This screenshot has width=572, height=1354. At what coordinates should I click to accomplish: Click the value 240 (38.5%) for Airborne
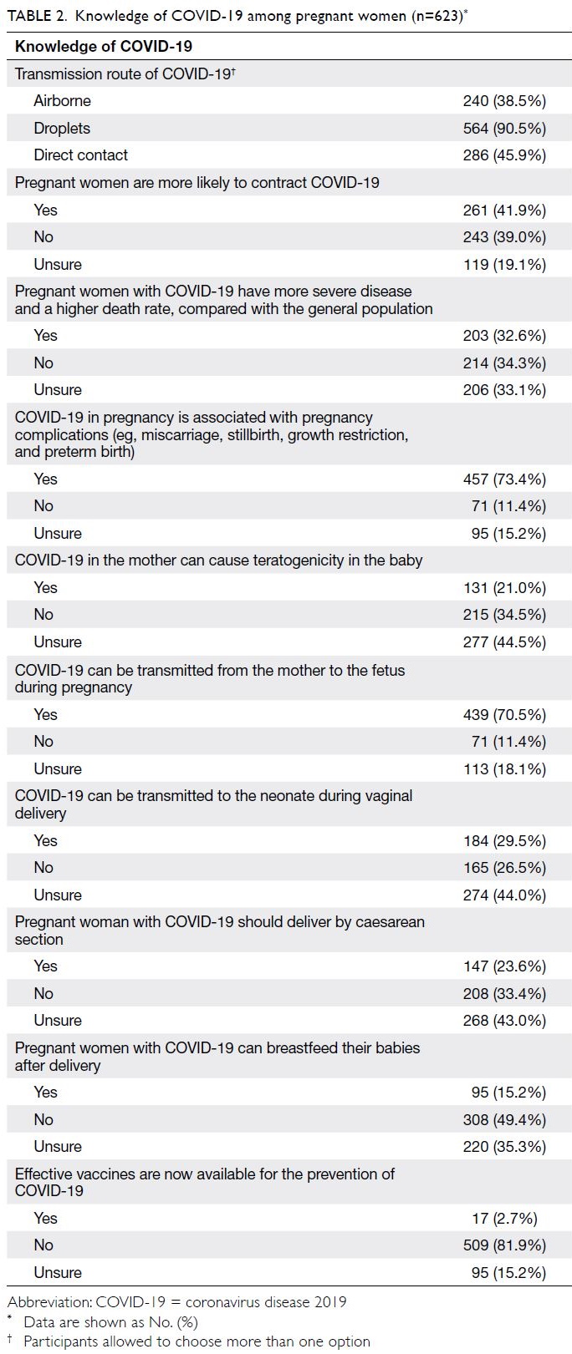tap(504, 101)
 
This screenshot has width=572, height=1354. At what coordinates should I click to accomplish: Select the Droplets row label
tap(62, 128)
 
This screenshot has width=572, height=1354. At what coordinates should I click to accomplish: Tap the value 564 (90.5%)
tap(504, 128)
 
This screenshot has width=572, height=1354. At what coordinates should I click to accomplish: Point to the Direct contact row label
tap(80, 155)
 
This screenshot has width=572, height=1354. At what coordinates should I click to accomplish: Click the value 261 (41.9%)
tap(504, 210)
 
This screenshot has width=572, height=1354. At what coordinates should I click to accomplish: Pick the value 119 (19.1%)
tap(504, 265)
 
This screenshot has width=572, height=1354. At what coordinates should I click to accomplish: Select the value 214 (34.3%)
tap(504, 363)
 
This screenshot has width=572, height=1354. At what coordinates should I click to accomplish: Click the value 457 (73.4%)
tap(504, 479)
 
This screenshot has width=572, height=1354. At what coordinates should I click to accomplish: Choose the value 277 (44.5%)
tap(504, 642)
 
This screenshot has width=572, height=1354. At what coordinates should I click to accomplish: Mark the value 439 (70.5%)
tap(504, 714)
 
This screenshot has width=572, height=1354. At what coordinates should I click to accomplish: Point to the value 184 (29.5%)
tap(504, 841)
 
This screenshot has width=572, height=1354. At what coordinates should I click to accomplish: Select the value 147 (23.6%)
tap(504, 966)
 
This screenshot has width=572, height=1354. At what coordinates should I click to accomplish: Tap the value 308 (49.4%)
tap(504, 1119)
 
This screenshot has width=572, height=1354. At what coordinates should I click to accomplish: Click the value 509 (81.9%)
tap(504, 1245)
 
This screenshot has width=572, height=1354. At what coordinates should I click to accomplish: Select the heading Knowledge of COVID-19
tap(103, 47)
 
